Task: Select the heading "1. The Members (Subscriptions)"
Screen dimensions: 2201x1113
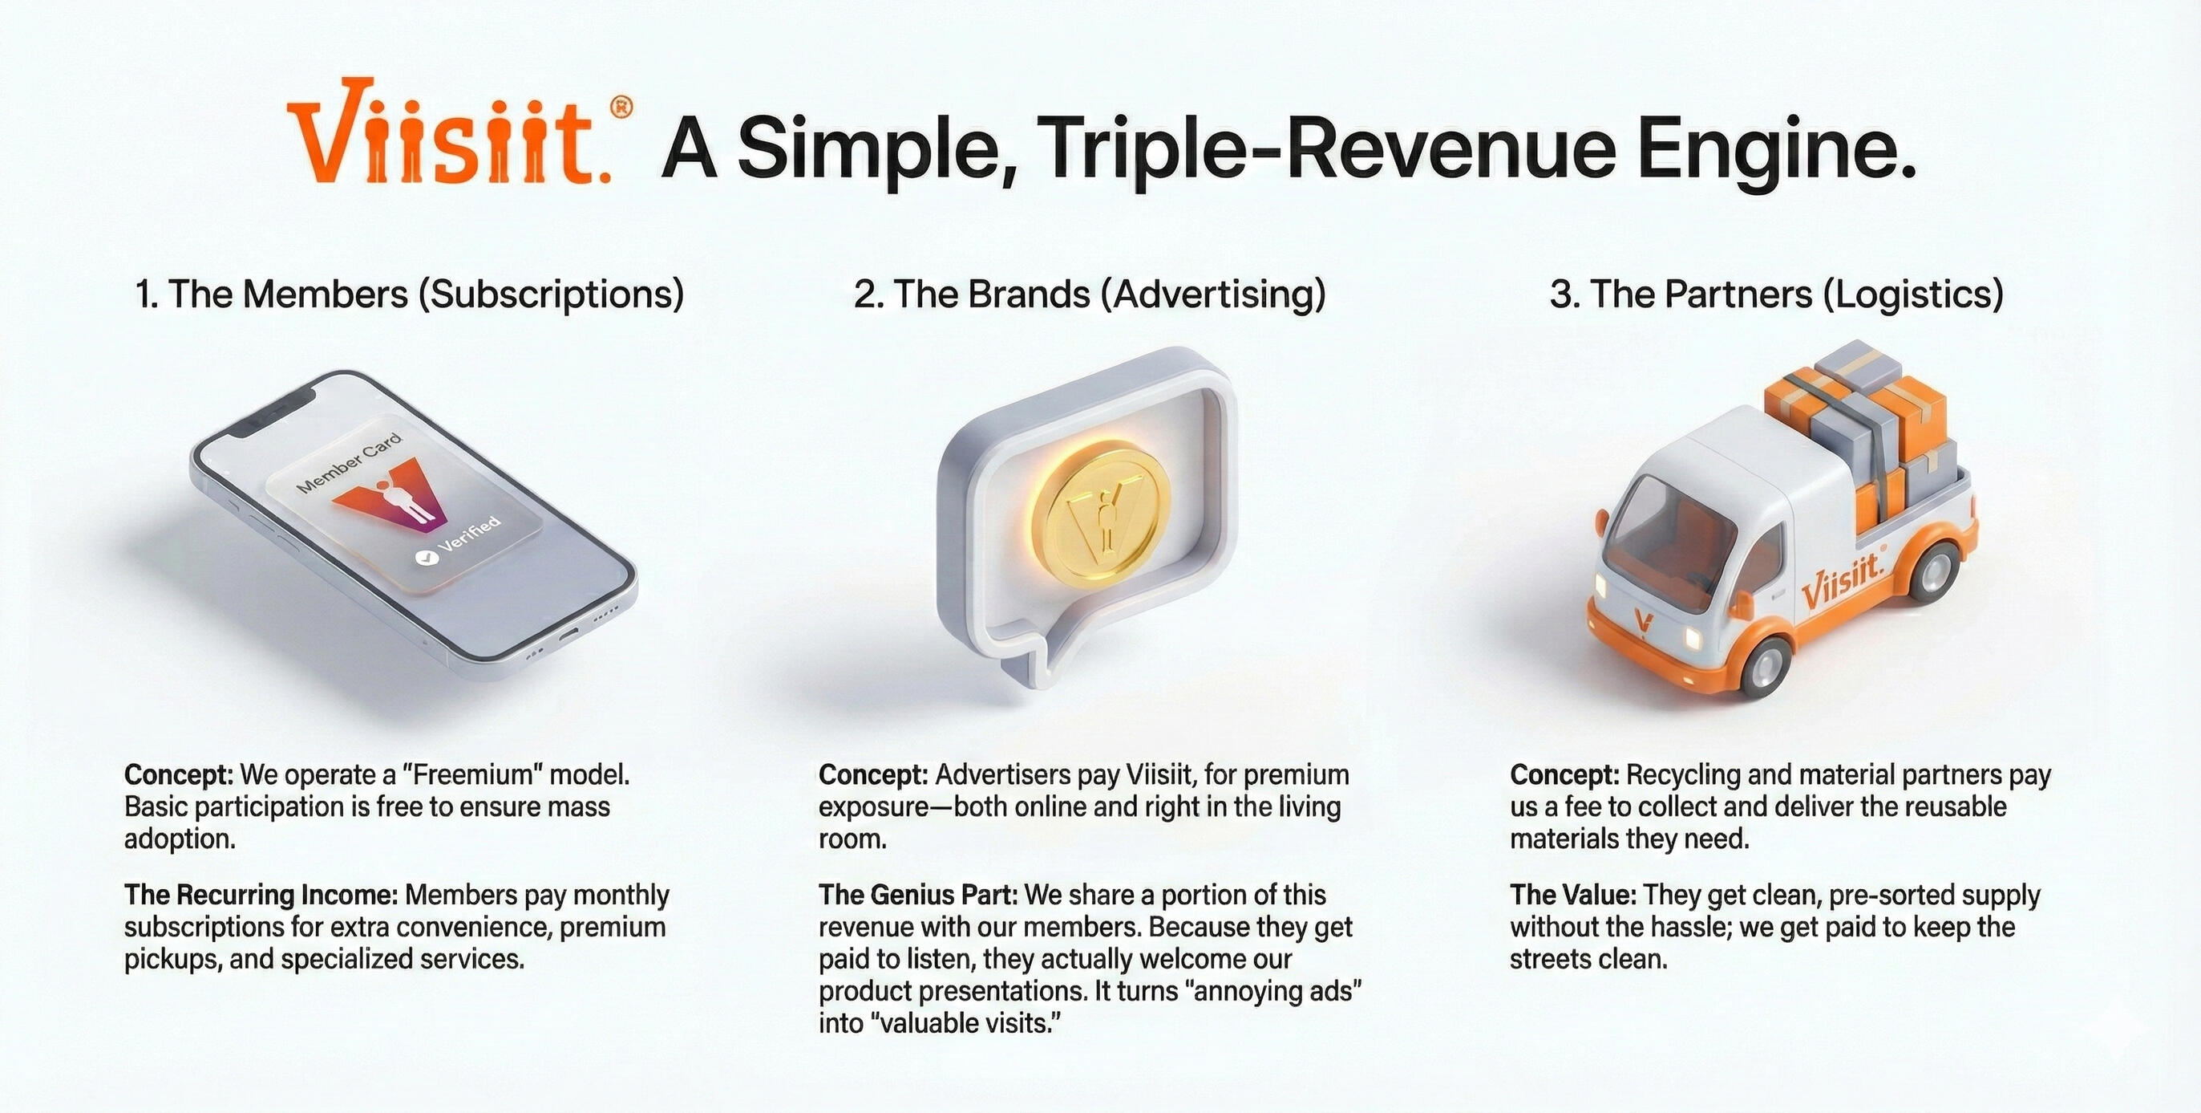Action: point(410,295)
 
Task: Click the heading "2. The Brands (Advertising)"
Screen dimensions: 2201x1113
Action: point(1090,295)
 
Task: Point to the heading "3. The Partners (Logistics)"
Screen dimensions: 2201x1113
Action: point(1776,295)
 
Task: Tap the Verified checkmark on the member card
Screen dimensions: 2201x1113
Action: point(425,559)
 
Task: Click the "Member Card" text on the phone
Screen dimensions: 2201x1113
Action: point(349,463)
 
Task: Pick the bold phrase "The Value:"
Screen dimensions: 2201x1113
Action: point(1573,895)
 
